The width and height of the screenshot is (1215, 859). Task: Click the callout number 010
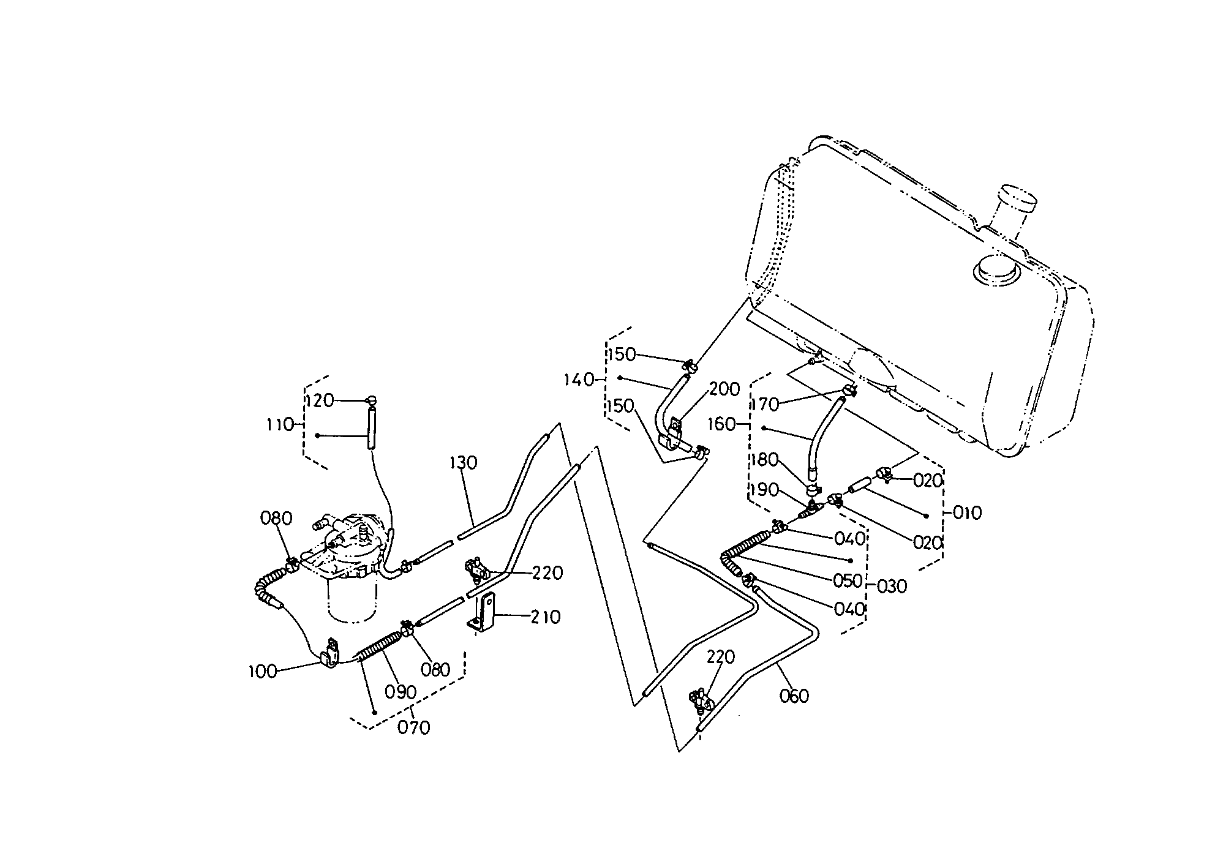pos(967,512)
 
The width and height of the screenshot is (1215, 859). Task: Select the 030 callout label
pos(892,587)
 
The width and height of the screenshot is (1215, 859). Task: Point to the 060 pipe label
pos(794,696)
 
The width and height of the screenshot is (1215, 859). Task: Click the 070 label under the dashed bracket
pos(414,728)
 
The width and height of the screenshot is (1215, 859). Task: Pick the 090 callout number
pos(401,692)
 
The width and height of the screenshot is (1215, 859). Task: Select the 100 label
pos(262,672)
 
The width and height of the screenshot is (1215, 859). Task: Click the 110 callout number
pos(280,424)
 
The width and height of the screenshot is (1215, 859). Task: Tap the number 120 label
pos(320,400)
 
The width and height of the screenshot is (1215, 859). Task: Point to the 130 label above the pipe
pos(463,463)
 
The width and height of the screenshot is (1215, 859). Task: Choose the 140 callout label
pos(579,380)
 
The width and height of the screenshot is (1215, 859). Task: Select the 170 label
pos(765,404)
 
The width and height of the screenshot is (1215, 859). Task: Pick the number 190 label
pos(764,490)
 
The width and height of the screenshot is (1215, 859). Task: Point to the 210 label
pos(545,617)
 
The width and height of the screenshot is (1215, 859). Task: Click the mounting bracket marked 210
pos(484,612)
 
